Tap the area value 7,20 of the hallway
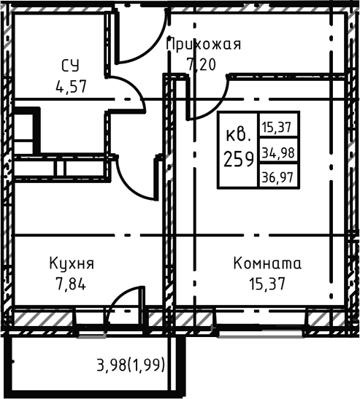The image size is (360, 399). (202, 64)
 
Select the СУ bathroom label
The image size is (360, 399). (70, 66)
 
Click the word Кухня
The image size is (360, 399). (71, 263)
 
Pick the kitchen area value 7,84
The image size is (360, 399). (71, 284)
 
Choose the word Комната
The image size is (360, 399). (267, 263)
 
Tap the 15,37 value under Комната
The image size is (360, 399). (267, 284)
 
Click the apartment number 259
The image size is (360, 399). (239, 158)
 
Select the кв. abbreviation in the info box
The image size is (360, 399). (239, 135)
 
